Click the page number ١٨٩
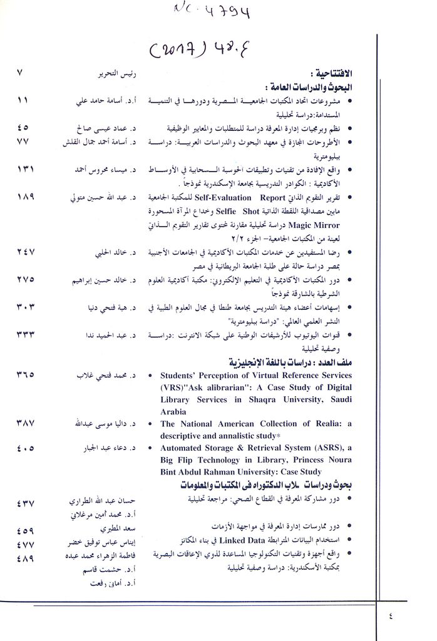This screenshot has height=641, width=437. [x=26, y=197]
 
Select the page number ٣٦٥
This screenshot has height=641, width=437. [x=26, y=375]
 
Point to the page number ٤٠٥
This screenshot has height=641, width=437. [x=26, y=448]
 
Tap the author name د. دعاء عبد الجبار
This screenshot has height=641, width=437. [x=105, y=448]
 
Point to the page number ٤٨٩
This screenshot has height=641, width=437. [x=26, y=557]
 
